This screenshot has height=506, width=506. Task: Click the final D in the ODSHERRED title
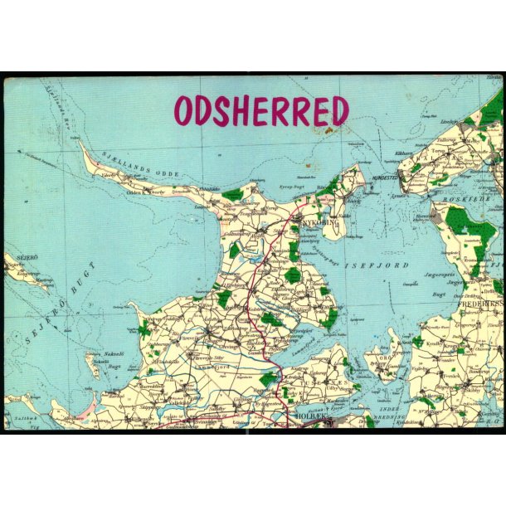(337, 111)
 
